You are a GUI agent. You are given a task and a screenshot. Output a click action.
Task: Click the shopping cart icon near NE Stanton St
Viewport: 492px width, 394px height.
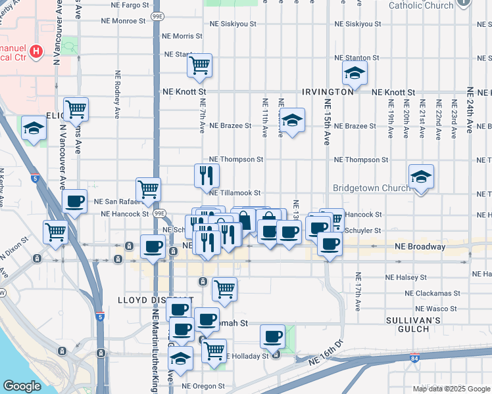(199, 65)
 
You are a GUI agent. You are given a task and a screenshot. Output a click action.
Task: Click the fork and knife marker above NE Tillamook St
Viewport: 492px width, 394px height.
(207, 175)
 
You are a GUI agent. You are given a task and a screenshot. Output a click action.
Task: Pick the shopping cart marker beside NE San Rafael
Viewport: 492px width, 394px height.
(149, 190)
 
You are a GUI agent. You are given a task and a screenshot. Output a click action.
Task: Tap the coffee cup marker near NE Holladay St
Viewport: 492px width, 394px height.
(272, 337)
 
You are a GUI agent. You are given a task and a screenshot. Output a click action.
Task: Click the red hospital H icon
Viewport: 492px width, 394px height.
(37, 50)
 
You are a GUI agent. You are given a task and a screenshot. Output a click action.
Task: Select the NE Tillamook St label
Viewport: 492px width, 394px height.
(235, 193)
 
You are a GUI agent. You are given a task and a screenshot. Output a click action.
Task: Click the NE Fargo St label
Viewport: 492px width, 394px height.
(124, 5)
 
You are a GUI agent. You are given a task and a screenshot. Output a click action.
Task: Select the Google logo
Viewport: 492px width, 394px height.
(22, 386)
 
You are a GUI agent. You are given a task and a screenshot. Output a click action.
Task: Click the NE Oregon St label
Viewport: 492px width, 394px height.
(203, 386)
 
